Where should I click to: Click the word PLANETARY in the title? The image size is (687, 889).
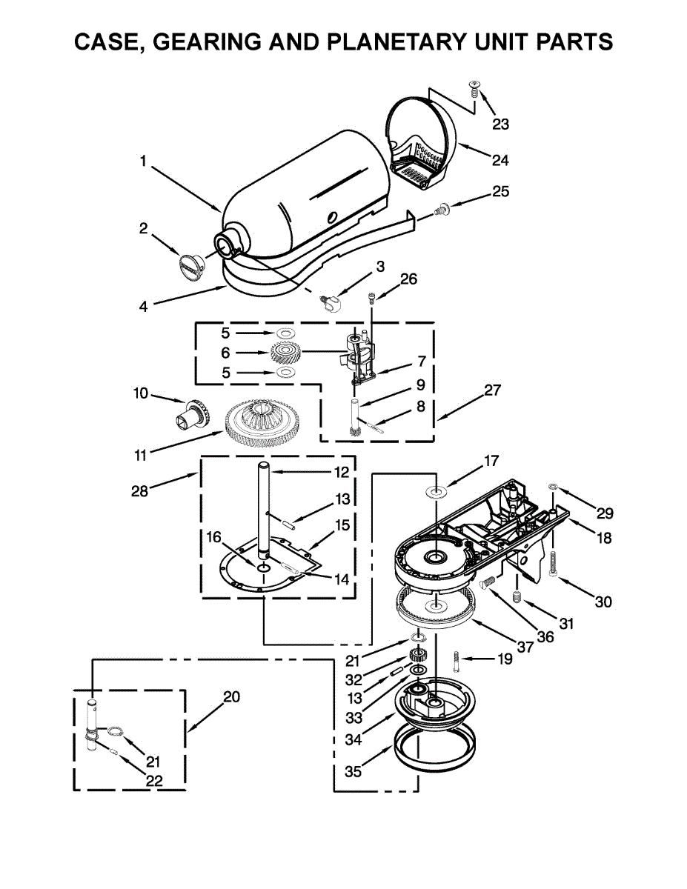(400, 41)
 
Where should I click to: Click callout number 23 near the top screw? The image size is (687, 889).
(500, 124)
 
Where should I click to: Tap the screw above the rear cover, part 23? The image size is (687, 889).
(474, 89)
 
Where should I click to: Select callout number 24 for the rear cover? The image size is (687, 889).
(500, 160)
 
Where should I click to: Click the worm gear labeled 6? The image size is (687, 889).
(285, 353)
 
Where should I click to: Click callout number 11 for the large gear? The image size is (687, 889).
(140, 456)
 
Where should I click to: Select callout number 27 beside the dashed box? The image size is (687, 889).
(493, 390)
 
